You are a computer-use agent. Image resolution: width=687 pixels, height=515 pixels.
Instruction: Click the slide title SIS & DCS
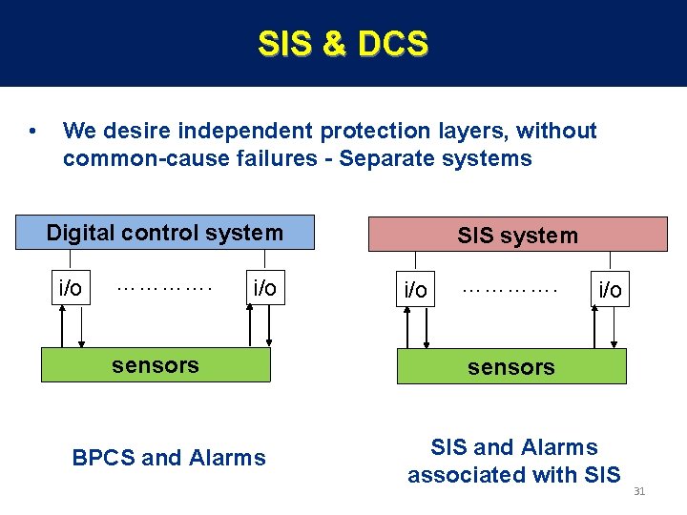click(343, 44)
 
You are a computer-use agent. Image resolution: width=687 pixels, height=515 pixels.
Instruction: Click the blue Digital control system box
click(165, 233)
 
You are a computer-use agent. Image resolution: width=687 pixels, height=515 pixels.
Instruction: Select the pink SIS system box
click(517, 235)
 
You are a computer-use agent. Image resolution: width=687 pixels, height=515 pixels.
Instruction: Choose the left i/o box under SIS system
click(416, 289)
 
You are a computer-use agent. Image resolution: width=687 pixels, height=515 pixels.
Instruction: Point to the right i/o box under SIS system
click(610, 289)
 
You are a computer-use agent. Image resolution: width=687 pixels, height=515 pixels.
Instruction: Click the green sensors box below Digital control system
click(156, 364)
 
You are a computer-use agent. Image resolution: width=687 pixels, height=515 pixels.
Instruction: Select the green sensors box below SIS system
click(511, 366)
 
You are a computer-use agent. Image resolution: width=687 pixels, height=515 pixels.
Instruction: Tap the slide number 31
click(639, 491)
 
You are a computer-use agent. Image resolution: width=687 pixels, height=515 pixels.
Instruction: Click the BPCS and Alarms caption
click(169, 458)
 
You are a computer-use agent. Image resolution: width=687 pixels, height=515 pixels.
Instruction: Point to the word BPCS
click(103, 458)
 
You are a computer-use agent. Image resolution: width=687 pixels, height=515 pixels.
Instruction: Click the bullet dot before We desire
click(33, 132)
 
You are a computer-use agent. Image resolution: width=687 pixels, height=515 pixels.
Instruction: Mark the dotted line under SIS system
click(510, 286)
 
